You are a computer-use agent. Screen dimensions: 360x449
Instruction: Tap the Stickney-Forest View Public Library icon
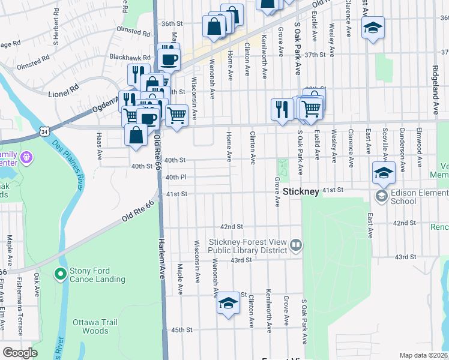(x=295, y=245)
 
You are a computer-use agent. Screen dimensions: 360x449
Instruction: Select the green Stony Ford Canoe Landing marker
(x=59, y=274)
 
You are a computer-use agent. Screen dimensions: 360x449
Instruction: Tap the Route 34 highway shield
(x=44, y=130)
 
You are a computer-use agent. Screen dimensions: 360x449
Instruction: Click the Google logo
(x=20, y=353)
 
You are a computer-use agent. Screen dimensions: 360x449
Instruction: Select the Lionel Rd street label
(x=64, y=88)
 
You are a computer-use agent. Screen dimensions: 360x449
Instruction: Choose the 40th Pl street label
(x=176, y=177)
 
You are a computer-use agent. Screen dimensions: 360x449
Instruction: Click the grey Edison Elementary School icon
(x=381, y=196)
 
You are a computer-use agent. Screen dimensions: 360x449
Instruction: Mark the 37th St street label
(x=315, y=54)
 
